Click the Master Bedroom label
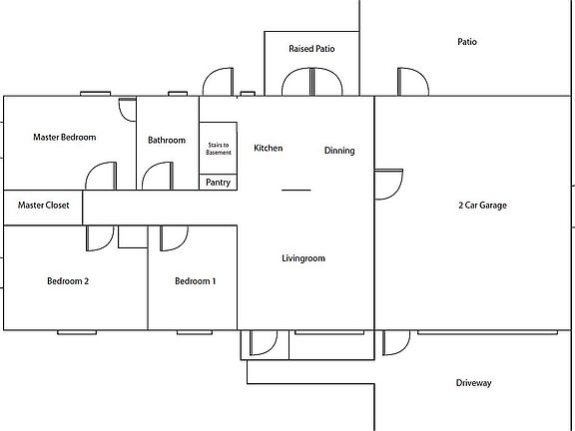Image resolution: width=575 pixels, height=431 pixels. pos(64,137)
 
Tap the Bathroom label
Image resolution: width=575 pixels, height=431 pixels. pos(167,140)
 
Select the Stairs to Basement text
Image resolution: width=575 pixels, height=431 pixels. pos(219,147)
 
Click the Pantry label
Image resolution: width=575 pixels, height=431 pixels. pos(218,183)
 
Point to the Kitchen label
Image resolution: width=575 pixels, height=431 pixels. pos(268,148)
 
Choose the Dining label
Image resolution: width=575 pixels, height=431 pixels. pos(339,151)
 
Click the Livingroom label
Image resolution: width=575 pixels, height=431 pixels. pos(303,258)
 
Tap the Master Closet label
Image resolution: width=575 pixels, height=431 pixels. pos(42,206)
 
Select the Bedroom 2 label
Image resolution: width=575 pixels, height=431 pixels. pos(68,281)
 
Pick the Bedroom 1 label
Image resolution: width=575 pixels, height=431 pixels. pos(195,281)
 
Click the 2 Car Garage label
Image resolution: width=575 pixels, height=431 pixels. pos(482,206)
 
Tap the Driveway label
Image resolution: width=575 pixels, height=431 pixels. pos(474,383)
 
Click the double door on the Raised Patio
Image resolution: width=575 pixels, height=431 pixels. pos(311,82)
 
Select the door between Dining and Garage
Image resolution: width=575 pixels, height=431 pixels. pos(388,183)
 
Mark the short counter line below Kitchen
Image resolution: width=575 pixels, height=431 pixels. pos(295,190)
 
